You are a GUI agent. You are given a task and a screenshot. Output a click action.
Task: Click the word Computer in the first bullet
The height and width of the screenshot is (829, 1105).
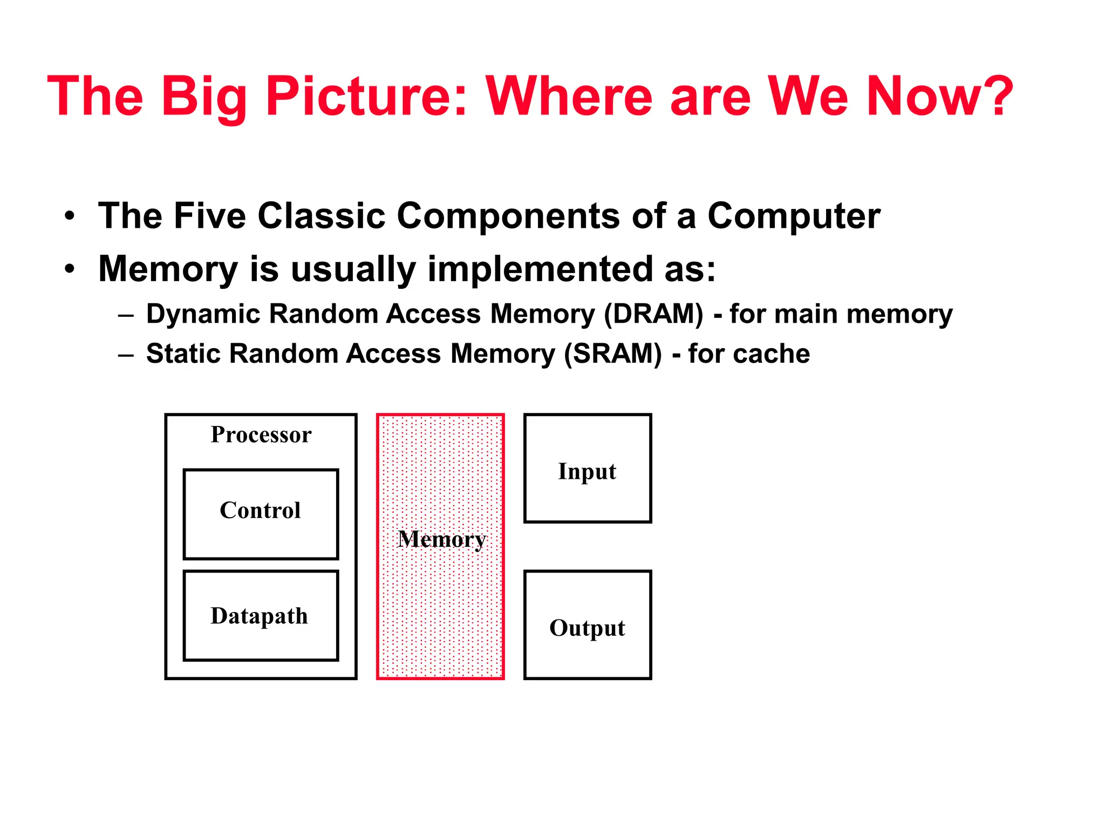[x=794, y=216]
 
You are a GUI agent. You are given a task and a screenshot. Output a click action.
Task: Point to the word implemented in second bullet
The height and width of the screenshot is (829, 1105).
[x=540, y=269]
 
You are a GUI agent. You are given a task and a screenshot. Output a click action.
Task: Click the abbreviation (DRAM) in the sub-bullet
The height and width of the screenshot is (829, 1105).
[x=653, y=314]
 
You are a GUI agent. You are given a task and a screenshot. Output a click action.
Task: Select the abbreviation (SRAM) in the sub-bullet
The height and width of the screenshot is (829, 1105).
[x=613, y=354]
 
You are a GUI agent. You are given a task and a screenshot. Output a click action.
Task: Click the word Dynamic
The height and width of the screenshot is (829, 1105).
[x=204, y=314]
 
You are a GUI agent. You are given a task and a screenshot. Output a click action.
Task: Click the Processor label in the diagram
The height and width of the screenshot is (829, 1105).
[x=261, y=434]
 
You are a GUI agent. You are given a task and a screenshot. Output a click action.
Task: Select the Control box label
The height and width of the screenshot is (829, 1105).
[x=260, y=510]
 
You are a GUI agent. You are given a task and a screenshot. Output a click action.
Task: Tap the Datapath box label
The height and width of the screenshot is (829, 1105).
[x=259, y=616]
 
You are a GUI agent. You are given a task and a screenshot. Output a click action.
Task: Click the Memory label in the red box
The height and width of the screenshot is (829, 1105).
[x=441, y=539]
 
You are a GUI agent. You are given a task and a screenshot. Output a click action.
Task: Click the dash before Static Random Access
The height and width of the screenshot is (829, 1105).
[x=126, y=355]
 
